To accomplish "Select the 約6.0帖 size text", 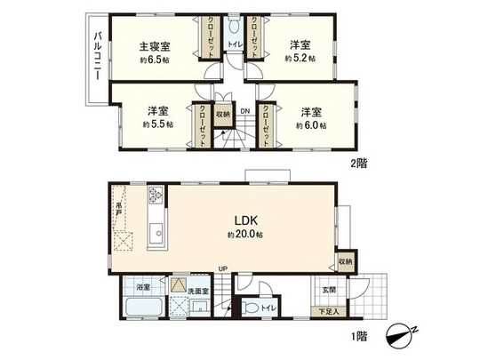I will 311,126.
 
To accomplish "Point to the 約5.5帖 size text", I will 159,126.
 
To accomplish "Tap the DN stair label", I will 232,86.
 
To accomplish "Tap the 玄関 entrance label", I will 329,290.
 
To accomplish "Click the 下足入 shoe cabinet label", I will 329,312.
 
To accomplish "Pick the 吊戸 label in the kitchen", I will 117,210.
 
